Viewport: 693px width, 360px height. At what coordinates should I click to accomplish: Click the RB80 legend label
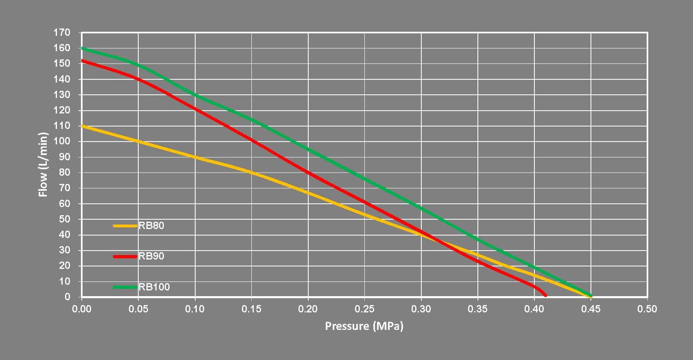click(151, 225)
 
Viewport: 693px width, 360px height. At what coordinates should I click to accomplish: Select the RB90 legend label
click(151, 256)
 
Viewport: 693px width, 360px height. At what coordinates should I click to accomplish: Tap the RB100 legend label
click(154, 287)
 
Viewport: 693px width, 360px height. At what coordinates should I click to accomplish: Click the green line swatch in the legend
click(125, 287)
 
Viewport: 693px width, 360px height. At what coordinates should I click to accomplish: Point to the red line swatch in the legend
click(125, 256)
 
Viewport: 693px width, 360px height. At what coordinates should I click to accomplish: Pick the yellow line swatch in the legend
click(125, 225)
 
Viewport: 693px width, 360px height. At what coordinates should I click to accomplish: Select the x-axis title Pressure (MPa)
click(364, 326)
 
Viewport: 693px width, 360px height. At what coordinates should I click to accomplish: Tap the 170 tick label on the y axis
click(62, 33)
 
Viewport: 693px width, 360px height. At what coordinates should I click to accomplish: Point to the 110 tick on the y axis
click(62, 126)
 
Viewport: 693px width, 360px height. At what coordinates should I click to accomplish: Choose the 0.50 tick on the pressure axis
click(647, 309)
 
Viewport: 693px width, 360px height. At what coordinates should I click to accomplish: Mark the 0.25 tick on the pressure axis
click(364, 309)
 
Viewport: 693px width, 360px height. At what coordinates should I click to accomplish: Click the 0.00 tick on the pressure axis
click(82, 309)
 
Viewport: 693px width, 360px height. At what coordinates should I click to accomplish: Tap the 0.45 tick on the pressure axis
click(591, 309)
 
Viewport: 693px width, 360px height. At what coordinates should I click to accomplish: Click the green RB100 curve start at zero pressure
click(83, 48)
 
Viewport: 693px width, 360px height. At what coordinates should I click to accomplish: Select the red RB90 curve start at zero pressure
click(83, 61)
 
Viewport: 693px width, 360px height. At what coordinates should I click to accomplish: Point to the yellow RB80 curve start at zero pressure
click(83, 126)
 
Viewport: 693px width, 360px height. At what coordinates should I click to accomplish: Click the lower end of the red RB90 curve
click(545, 295)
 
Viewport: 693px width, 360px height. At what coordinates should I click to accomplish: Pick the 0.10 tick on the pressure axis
click(195, 309)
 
